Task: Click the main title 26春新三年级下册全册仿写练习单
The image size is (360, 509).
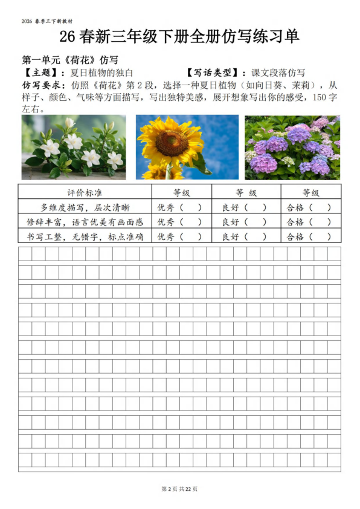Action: point(179,37)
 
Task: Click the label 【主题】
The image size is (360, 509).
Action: point(36,72)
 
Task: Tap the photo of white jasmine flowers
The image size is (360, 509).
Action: point(74,147)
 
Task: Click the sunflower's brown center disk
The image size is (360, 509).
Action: point(172,143)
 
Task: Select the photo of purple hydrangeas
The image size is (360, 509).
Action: point(292,147)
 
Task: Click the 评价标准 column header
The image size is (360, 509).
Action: point(84,192)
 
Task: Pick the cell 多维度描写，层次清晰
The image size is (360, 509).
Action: point(84,207)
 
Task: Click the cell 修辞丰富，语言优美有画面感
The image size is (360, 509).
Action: point(84,221)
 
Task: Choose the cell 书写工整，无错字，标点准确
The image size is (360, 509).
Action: point(84,236)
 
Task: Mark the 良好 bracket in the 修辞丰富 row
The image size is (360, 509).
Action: point(254,221)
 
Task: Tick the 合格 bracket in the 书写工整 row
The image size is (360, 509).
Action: point(320,236)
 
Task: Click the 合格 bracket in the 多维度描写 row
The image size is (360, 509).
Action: point(320,207)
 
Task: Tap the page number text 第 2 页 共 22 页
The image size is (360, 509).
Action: point(179,488)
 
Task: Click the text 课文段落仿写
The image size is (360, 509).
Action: point(278,72)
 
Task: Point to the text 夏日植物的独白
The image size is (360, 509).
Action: point(94,72)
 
